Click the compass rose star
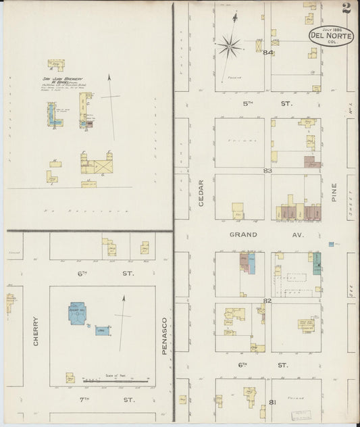229,47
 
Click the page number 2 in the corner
346,8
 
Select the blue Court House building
77,313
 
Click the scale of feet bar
116,382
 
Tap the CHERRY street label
35,331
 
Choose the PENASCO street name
164,336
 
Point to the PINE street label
333,193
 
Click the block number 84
268,53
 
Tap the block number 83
267,171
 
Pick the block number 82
267,301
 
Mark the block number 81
272,402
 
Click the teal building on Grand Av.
316,263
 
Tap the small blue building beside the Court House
102,331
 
